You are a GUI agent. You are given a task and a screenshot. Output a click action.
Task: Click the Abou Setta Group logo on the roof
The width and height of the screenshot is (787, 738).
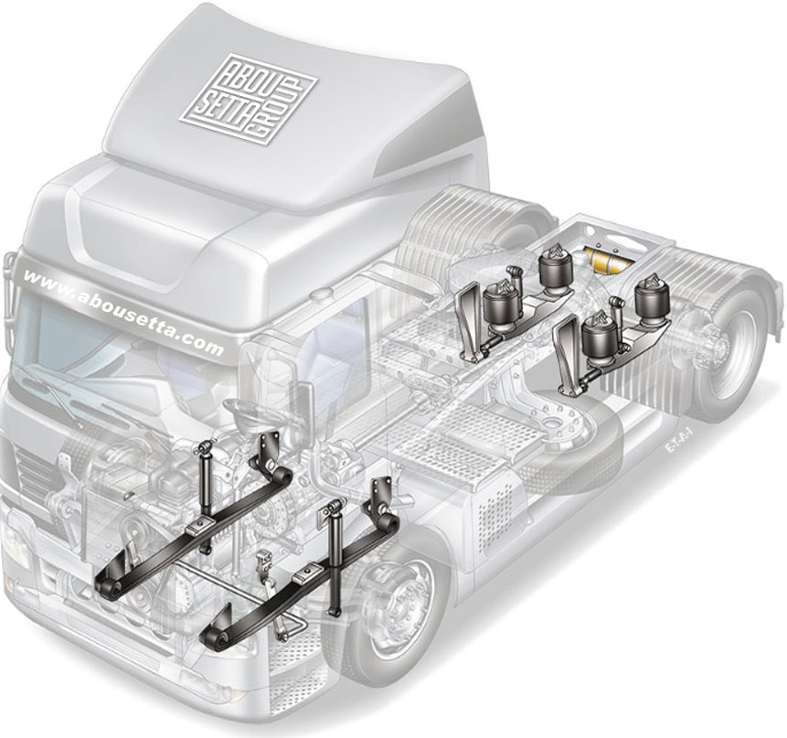pos(249,100)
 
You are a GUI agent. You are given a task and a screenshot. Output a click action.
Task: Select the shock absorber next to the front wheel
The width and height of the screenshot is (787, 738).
pos(334,556)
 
